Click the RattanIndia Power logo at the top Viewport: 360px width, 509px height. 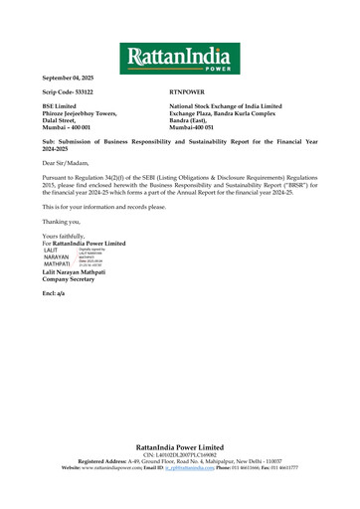[x=179, y=58]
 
